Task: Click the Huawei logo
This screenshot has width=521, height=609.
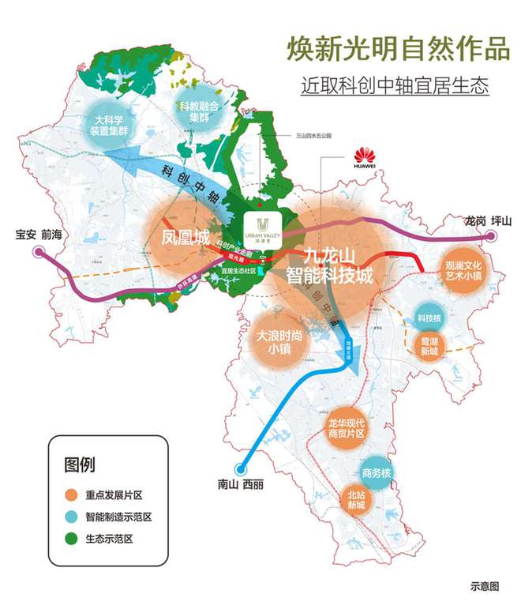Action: coord(364,156)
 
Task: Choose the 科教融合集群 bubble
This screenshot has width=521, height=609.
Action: coord(197,112)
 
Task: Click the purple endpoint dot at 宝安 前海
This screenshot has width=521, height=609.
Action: coord(38,251)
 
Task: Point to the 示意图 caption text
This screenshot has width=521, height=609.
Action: coord(485,586)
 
